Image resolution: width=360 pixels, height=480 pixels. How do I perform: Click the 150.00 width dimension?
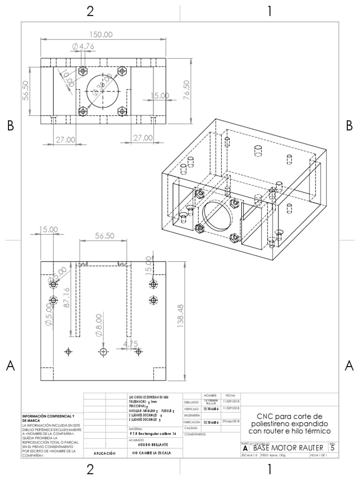(x=101, y=35)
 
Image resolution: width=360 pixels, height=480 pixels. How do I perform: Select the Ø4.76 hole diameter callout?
(x=83, y=46)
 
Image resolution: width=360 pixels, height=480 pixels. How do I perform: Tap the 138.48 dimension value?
(x=180, y=321)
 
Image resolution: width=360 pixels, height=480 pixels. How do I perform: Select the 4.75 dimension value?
(x=131, y=344)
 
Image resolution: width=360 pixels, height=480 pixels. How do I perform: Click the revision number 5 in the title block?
(x=332, y=448)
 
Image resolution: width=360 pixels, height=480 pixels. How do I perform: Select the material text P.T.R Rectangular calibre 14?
(x=152, y=434)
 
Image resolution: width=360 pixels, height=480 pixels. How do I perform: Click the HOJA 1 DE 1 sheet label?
(x=319, y=455)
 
